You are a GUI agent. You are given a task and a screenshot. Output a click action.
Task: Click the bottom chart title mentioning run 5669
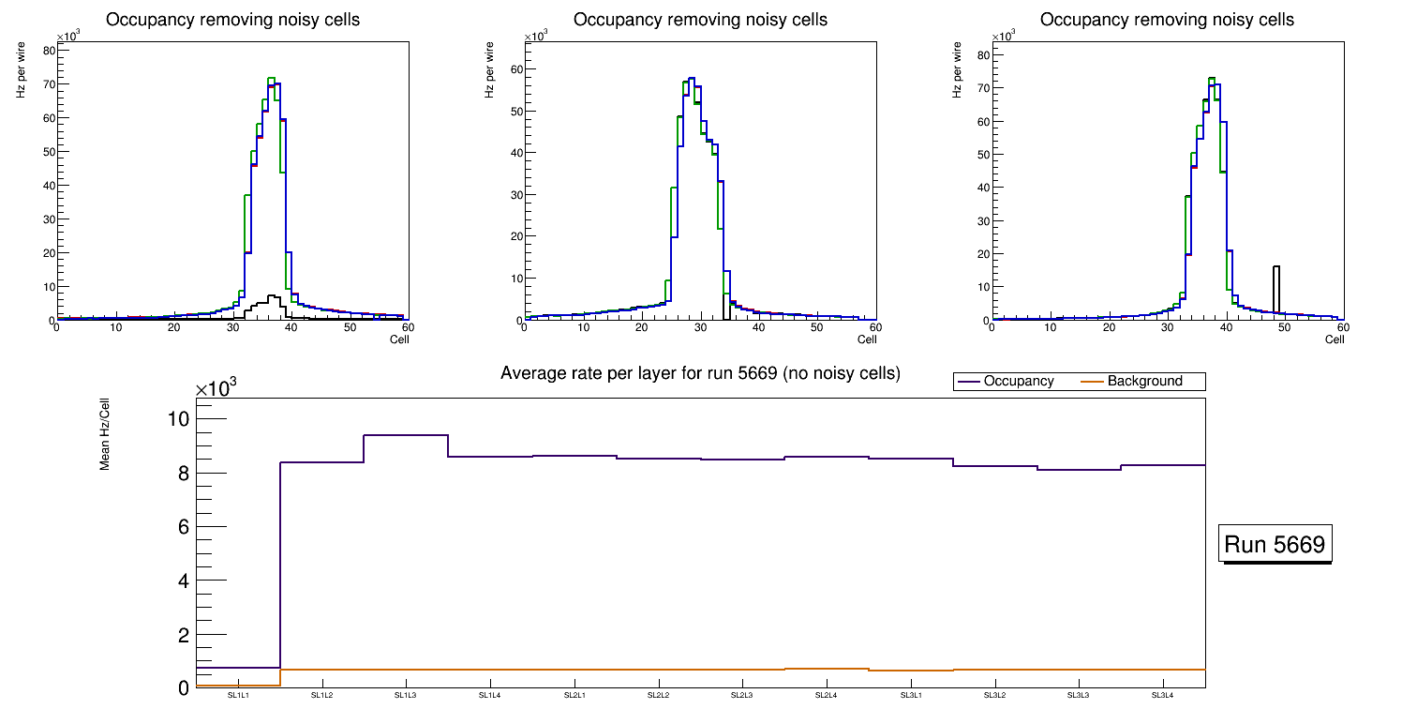(700, 373)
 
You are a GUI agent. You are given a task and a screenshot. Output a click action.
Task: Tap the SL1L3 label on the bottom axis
(406, 696)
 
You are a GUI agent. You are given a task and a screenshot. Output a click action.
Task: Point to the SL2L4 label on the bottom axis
(826, 696)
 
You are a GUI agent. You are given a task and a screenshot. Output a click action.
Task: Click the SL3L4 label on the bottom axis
(1162, 696)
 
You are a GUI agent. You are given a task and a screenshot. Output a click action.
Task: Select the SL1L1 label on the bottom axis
(238, 696)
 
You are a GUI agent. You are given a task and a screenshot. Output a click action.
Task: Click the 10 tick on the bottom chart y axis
(178, 419)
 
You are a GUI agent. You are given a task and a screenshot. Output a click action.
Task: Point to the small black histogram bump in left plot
(272, 302)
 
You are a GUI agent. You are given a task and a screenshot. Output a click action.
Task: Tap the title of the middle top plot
(700, 20)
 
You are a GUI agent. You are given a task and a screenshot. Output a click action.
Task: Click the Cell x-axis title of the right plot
(1335, 339)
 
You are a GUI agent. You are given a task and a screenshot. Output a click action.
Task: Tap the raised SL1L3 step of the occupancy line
(406, 435)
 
